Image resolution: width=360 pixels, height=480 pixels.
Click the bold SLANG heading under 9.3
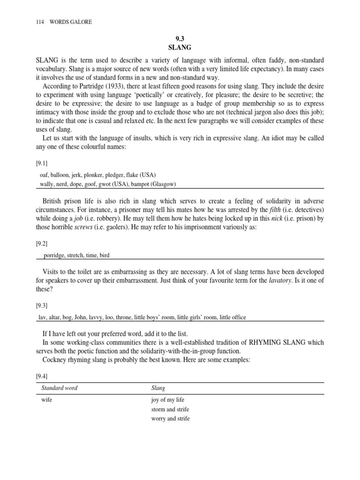180,48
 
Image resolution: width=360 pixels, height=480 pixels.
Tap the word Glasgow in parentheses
162,184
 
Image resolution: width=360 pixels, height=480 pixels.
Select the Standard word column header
60,388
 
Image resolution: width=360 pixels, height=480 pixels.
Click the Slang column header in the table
158,388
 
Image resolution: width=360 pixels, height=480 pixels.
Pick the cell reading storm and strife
170,409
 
